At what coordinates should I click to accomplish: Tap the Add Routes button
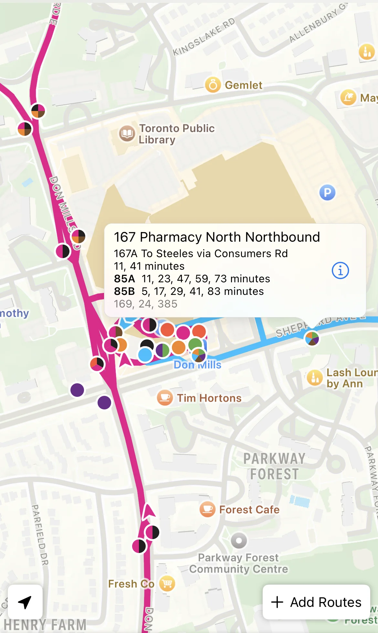point(316,602)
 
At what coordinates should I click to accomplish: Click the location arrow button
point(25,602)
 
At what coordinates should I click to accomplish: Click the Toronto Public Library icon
point(127,134)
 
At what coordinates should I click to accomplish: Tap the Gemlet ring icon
point(213,85)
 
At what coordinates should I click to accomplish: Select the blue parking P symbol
point(327,193)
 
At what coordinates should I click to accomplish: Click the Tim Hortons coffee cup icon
point(165,397)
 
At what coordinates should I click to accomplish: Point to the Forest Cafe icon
point(207,509)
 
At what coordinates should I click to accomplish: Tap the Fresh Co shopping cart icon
point(167,583)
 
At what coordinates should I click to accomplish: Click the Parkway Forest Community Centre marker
point(239,540)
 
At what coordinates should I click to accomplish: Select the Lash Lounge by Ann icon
point(315,378)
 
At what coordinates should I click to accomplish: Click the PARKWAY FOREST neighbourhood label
point(274,466)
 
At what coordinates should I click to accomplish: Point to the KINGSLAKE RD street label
point(204,37)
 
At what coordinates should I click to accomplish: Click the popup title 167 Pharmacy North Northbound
point(217,237)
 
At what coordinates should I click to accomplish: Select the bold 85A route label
point(124,279)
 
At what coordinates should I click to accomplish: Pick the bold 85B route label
point(124,291)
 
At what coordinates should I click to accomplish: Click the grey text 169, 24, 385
point(146,304)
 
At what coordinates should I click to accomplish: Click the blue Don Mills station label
point(197,365)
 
